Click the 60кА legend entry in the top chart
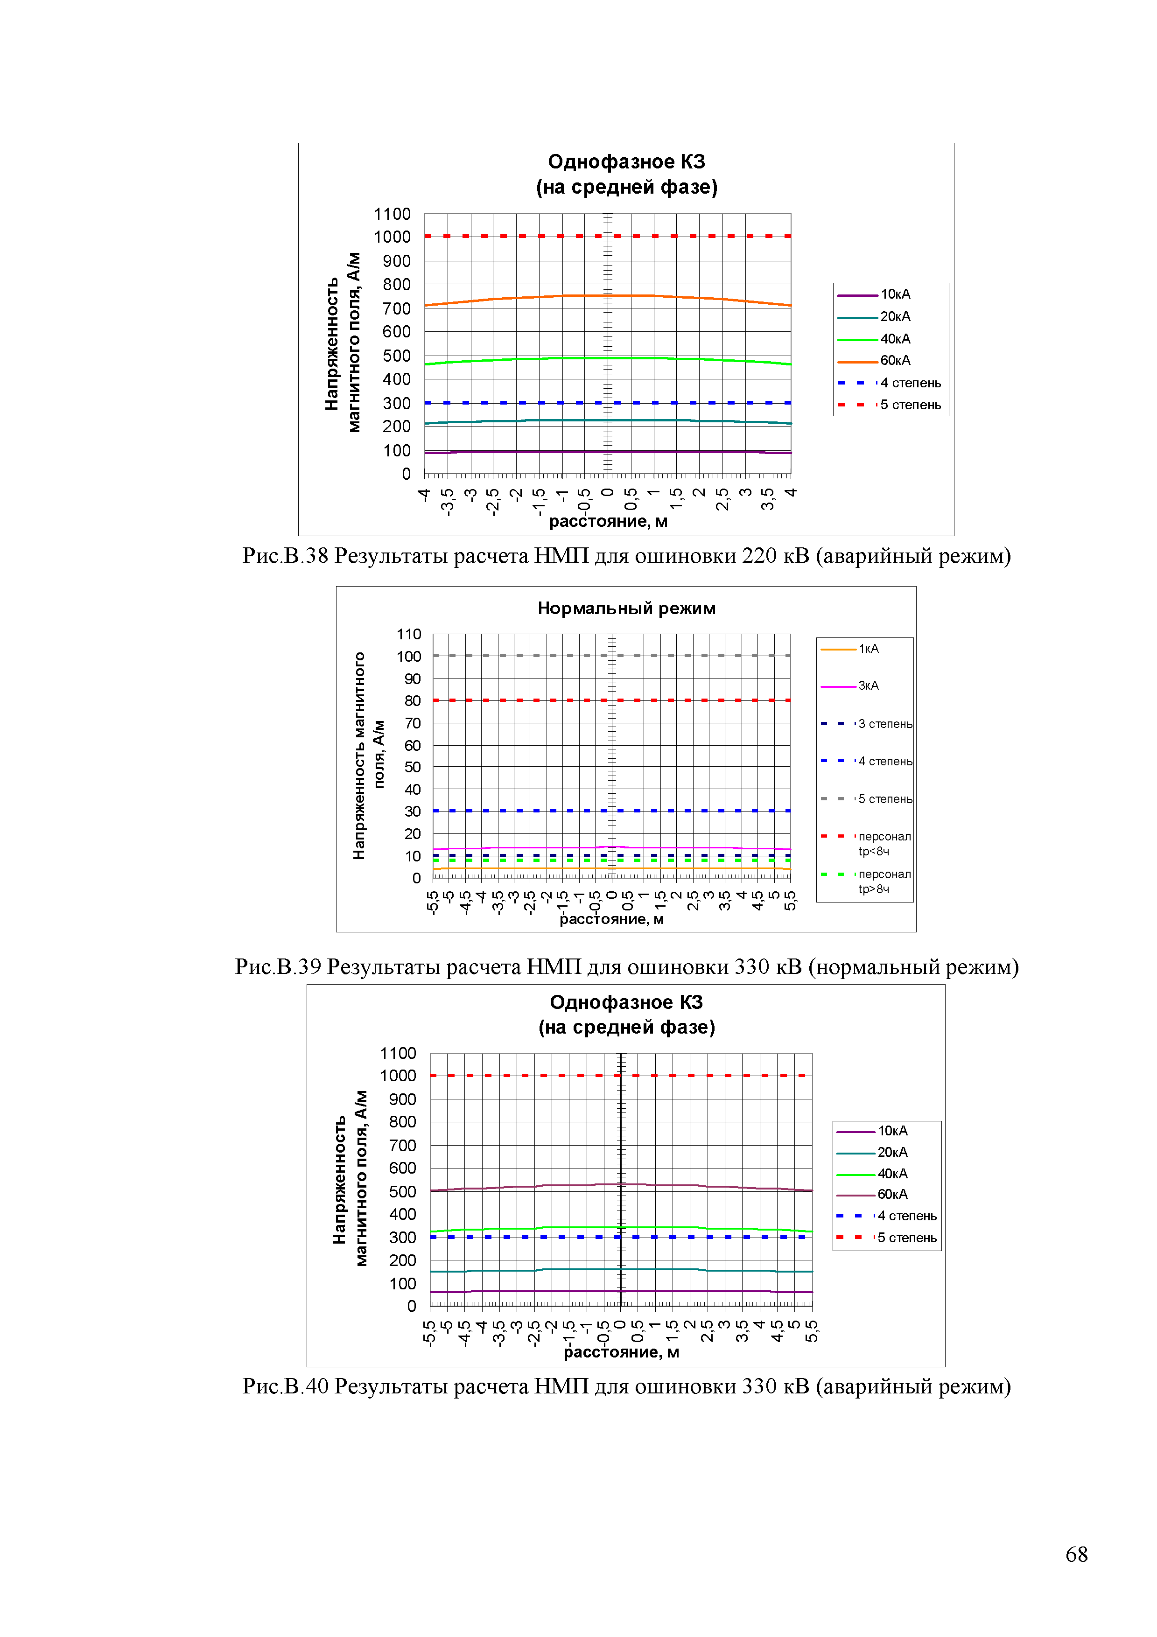click(x=895, y=361)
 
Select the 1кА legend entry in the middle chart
click(x=868, y=649)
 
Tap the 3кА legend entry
click(x=868, y=686)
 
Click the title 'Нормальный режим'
click(x=626, y=608)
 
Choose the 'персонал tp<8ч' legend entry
click(x=884, y=843)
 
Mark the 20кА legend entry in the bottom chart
click(x=892, y=1152)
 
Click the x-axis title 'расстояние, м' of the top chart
click(x=607, y=521)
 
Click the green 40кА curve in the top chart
click(x=499, y=359)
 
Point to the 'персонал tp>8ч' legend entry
click(x=884, y=881)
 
